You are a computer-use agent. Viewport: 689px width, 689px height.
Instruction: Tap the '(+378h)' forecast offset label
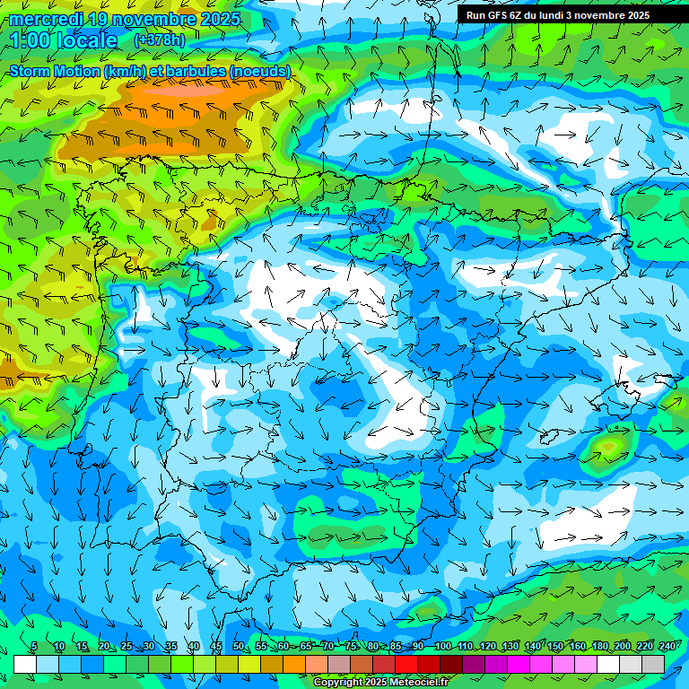tap(159, 39)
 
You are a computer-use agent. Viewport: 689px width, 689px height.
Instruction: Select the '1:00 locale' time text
tap(64, 40)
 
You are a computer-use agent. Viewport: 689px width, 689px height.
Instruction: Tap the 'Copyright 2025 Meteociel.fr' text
tap(380, 683)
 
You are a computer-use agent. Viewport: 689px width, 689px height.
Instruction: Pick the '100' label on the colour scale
tap(442, 647)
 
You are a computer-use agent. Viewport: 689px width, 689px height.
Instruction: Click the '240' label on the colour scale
tap(667, 647)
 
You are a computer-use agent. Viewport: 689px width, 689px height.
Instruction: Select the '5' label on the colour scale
tap(34, 647)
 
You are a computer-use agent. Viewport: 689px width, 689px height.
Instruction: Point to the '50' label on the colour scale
tap(239, 647)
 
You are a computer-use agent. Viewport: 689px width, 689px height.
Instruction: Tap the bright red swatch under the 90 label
tap(406, 664)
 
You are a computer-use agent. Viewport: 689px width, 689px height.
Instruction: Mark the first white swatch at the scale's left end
tap(25, 664)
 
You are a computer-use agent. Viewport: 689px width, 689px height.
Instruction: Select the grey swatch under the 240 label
tap(653, 664)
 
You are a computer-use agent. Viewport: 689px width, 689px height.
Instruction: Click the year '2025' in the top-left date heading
tap(219, 19)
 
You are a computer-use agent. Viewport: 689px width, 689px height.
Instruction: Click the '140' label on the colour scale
tap(532, 647)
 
